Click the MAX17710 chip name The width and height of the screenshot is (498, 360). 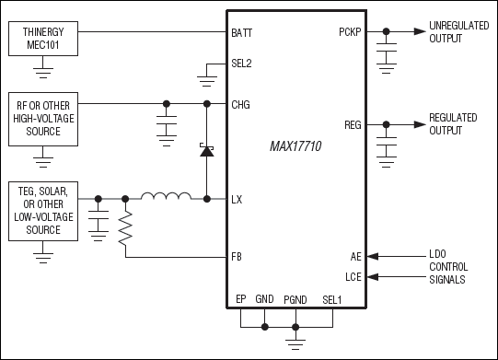[295, 147]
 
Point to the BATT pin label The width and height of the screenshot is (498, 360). [244, 32]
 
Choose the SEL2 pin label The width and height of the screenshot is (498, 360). [243, 65]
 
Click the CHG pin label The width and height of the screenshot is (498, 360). [242, 104]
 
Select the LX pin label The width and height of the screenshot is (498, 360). [238, 199]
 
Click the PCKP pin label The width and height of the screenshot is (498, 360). [351, 32]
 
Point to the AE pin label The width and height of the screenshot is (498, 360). [356, 258]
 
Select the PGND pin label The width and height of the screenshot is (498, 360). [295, 300]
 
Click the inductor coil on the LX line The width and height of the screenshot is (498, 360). [166, 197]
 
